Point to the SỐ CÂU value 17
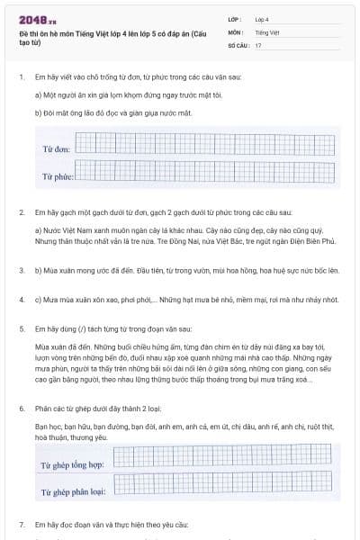[x=258, y=44]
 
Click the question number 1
[x=21, y=76]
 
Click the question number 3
[x=21, y=269]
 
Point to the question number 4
[x=21, y=299]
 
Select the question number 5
[x=21, y=329]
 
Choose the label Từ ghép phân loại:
[x=74, y=492]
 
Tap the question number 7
[x=21, y=525]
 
